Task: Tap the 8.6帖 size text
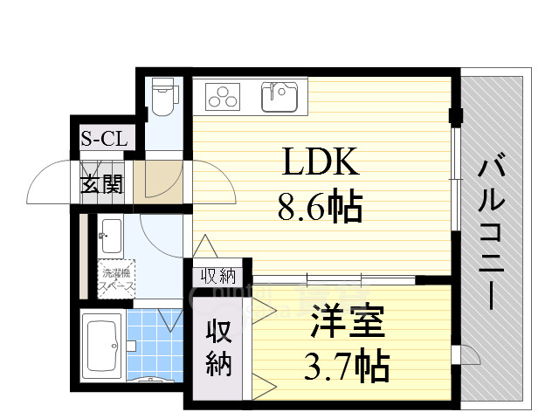(x=320, y=208)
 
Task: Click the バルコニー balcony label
(x=493, y=230)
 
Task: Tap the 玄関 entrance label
(x=102, y=185)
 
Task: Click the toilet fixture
(x=162, y=98)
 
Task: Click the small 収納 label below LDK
(x=218, y=277)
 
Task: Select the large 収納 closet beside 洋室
(x=217, y=347)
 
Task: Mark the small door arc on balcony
(x=471, y=353)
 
